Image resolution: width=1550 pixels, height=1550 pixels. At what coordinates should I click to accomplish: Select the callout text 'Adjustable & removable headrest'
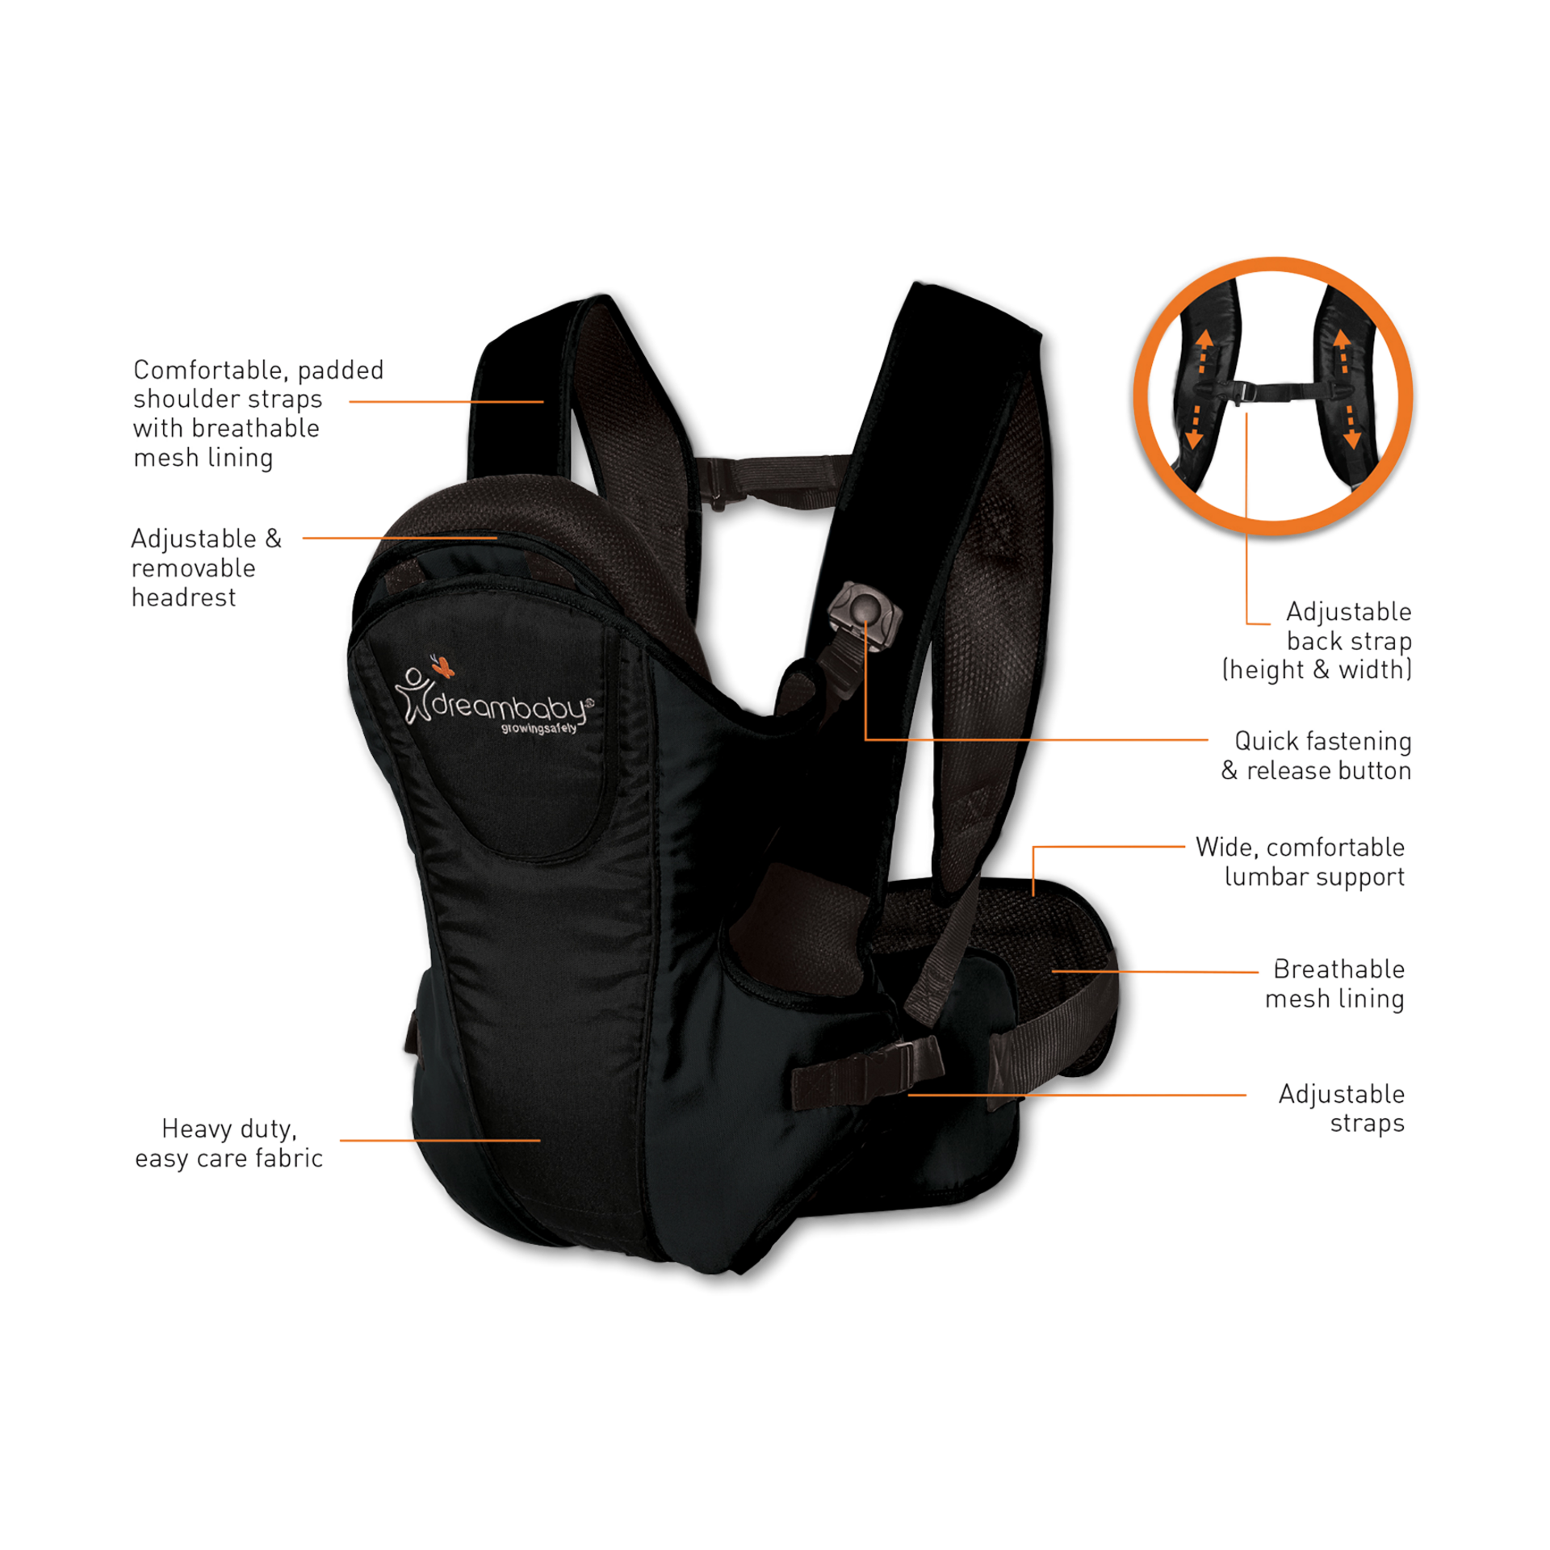pyautogui.click(x=206, y=568)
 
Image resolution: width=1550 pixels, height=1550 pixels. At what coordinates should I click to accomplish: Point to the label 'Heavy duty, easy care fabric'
pyautogui.click(x=229, y=1143)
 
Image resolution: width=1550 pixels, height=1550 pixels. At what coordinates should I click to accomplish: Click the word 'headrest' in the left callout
pyautogui.click(x=184, y=597)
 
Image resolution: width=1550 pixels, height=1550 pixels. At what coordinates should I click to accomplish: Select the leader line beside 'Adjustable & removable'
pyautogui.click(x=400, y=538)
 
